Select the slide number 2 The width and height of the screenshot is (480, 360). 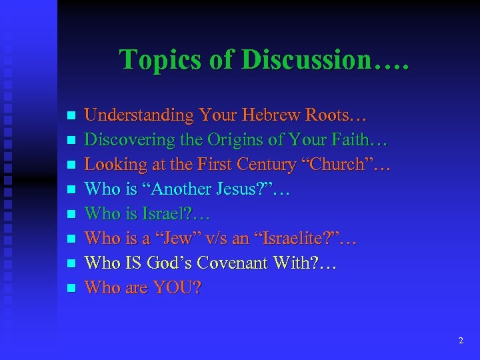click(x=461, y=341)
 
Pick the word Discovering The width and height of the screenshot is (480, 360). click(x=125, y=139)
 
